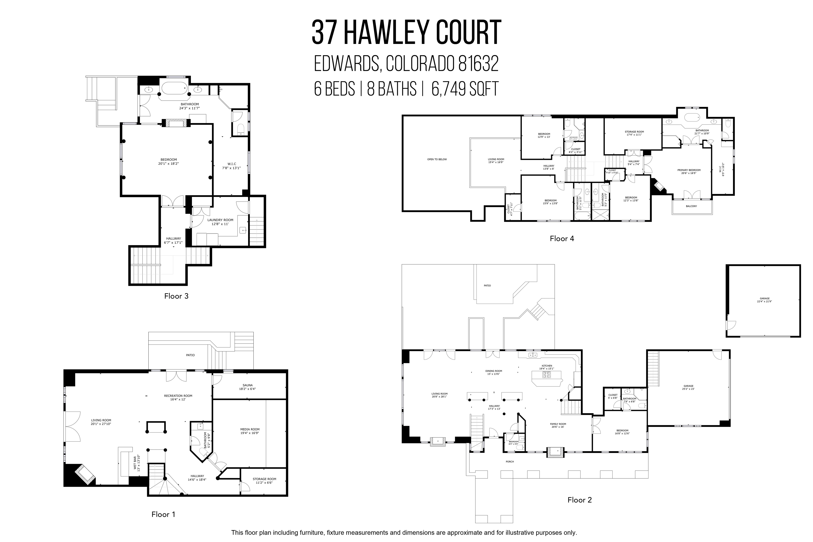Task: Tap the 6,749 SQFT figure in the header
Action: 465,89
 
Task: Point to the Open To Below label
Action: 437,159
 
